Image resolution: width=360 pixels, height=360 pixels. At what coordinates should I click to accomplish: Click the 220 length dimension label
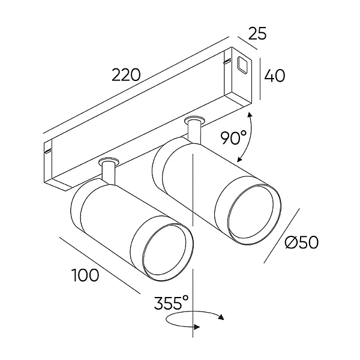126,74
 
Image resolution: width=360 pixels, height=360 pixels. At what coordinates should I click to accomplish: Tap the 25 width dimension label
257,34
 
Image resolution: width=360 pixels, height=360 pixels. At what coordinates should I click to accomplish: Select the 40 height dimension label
275,76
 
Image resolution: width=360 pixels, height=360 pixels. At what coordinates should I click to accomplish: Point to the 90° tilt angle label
233,137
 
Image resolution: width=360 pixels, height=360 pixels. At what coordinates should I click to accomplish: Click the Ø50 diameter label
302,242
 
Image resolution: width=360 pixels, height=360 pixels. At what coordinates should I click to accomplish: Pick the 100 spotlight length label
85,275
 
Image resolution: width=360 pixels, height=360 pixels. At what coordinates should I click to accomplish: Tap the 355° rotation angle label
171,303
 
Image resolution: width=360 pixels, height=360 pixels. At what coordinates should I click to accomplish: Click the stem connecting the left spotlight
109,172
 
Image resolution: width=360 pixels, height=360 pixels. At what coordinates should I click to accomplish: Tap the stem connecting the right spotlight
194,131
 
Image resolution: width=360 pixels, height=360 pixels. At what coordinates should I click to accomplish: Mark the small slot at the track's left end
48,151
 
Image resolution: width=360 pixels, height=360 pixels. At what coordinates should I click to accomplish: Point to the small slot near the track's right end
227,61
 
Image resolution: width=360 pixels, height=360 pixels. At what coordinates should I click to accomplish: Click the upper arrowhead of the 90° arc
250,115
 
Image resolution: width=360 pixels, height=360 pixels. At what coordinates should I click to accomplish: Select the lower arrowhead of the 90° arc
240,158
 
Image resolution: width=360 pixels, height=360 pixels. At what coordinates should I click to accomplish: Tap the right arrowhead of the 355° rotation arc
221,317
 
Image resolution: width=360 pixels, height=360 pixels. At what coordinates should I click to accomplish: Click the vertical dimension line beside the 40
260,79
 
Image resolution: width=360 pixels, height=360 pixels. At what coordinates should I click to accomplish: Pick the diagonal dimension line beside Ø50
282,236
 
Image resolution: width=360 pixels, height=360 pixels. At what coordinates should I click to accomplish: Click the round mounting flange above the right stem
194,121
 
